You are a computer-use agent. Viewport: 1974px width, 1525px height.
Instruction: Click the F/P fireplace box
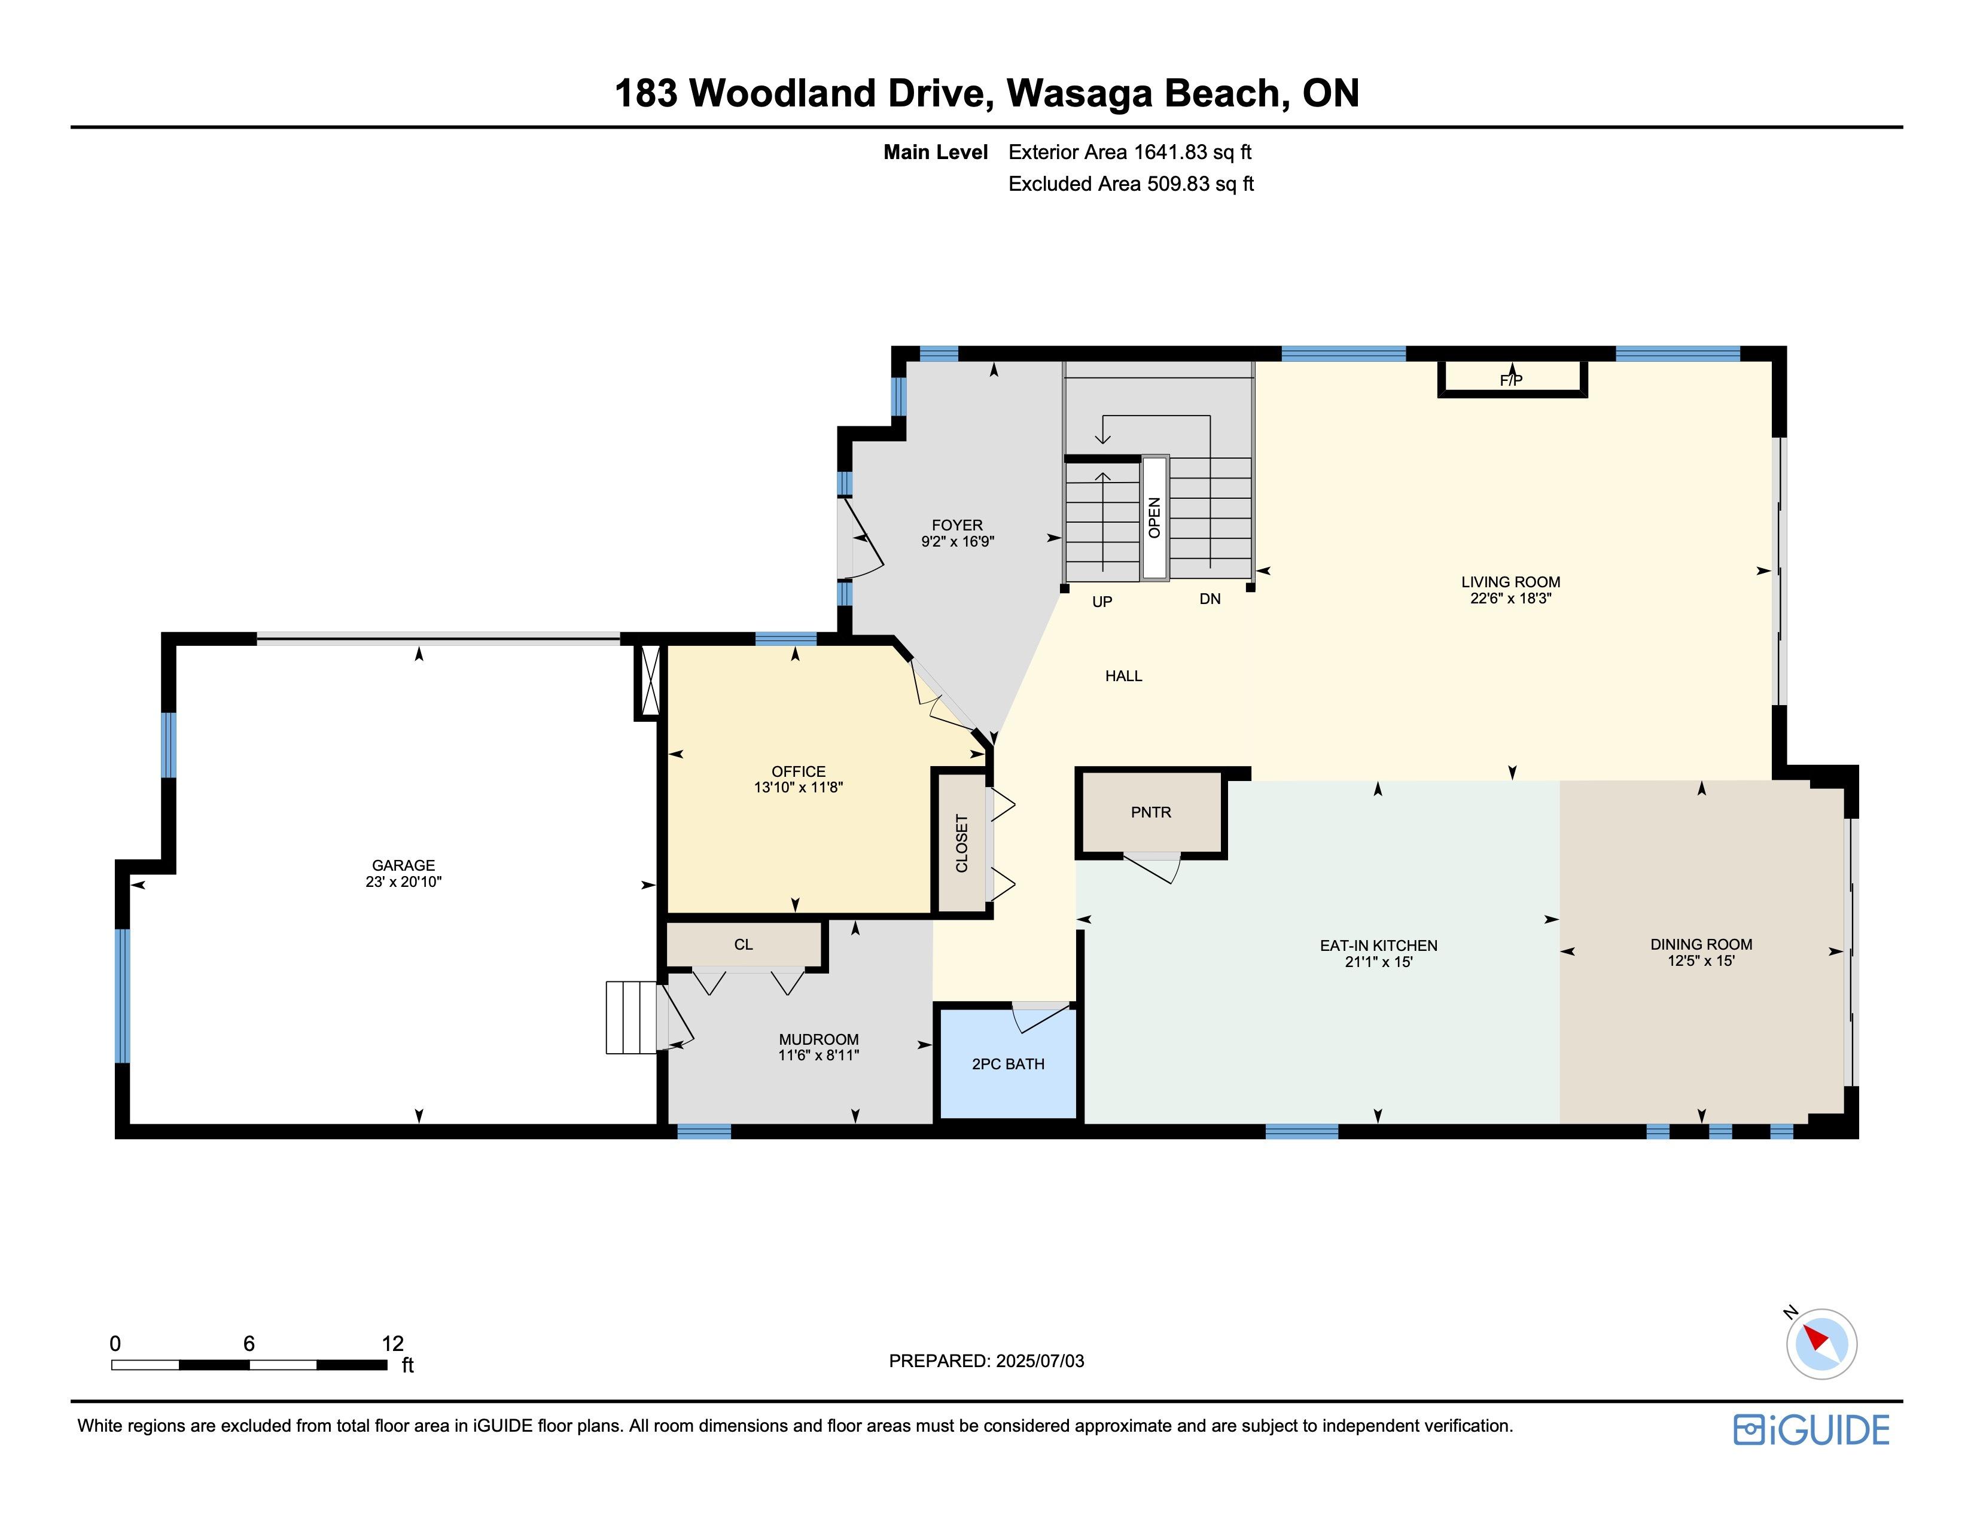[1512, 379]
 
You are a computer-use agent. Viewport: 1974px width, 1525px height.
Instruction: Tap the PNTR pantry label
[1150, 812]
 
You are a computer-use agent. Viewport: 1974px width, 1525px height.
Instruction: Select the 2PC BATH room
[1008, 1063]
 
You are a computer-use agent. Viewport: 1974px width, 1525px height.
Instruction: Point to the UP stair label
[1102, 602]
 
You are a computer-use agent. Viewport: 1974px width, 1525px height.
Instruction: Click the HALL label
[1123, 676]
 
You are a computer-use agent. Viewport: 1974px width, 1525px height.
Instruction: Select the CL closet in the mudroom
[744, 944]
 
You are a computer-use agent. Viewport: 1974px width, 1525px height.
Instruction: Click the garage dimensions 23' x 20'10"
[403, 882]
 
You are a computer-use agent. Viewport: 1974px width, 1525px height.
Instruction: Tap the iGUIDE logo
[1811, 1430]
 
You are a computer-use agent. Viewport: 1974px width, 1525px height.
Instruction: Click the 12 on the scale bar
[392, 1343]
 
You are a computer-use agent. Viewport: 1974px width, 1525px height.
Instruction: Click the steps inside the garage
[631, 1017]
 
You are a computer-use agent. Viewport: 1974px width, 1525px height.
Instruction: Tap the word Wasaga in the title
[1079, 93]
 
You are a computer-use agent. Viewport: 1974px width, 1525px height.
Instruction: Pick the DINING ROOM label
[1701, 944]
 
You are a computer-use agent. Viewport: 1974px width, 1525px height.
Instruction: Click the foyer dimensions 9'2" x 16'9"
[957, 542]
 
